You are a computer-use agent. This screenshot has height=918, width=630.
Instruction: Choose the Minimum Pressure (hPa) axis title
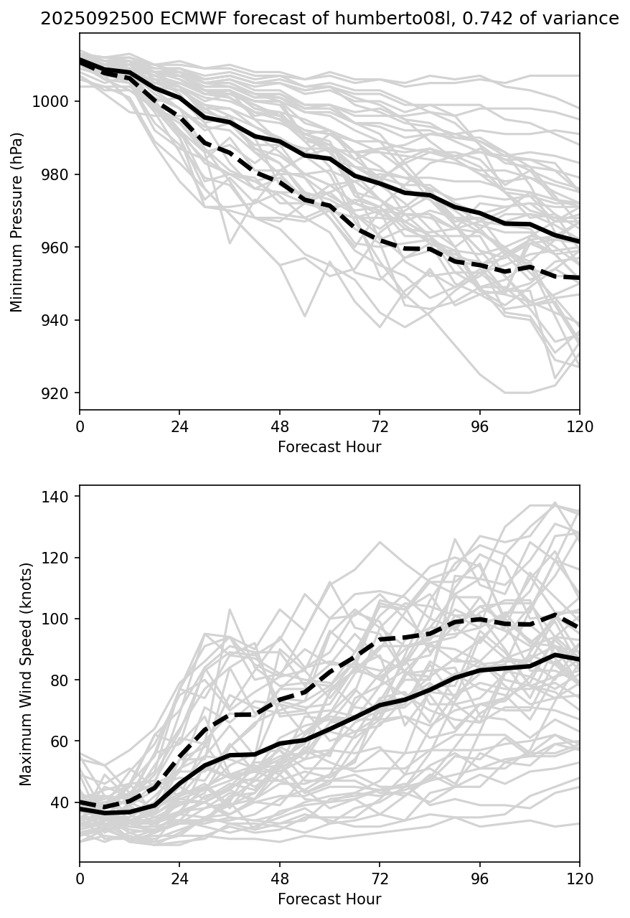coord(17,222)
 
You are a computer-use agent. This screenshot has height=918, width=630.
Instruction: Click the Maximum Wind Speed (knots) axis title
coord(26,674)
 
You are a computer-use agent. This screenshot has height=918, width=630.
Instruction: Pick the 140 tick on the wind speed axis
coord(57,497)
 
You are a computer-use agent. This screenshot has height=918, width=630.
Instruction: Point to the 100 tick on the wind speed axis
coord(57,619)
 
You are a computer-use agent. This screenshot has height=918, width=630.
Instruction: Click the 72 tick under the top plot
coord(380,426)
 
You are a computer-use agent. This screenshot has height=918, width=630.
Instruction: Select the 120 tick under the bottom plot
coord(579,879)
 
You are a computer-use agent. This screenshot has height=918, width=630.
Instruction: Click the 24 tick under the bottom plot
coord(179,879)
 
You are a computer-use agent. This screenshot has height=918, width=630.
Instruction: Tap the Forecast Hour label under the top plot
coord(329,447)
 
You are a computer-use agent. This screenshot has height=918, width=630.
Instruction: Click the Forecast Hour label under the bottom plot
coord(329,899)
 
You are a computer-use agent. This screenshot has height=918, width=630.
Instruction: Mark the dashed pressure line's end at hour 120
coord(579,278)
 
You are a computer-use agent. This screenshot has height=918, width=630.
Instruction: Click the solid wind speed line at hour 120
coord(579,659)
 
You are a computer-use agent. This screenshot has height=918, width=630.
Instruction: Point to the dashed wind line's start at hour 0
coord(80,802)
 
